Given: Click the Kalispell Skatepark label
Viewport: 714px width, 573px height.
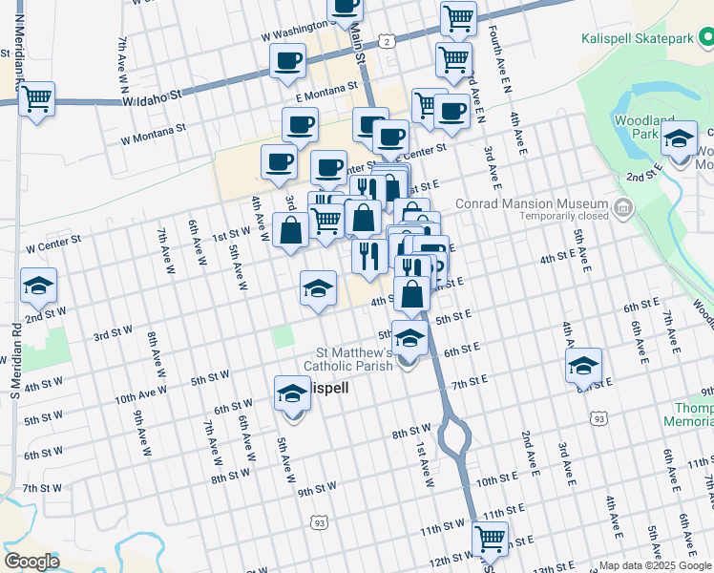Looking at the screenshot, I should pyautogui.click(x=640, y=39).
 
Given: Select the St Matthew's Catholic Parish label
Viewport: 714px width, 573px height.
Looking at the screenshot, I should pyautogui.click(x=347, y=357).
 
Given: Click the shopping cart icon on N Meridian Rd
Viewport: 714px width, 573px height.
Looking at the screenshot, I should pyautogui.click(x=36, y=98).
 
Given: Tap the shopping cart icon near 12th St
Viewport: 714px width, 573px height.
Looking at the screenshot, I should pyautogui.click(x=491, y=539).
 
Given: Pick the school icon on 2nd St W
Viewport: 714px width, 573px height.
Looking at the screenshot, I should pyautogui.click(x=39, y=286).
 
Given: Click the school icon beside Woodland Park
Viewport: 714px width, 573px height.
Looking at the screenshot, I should pyautogui.click(x=679, y=139).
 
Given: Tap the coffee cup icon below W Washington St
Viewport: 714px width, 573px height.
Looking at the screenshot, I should pyautogui.click(x=287, y=62).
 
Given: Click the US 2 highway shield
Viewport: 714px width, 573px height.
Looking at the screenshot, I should pyautogui.click(x=387, y=41).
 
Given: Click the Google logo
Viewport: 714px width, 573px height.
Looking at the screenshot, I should pyautogui.click(x=31, y=561).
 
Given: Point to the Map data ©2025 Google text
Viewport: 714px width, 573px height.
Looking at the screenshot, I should pyautogui.click(x=654, y=565).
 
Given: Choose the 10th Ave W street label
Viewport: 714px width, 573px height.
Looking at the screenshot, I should pyautogui.click(x=141, y=393).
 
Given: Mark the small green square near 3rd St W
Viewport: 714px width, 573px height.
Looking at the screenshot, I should pyautogui.click(x=283, y=336).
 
